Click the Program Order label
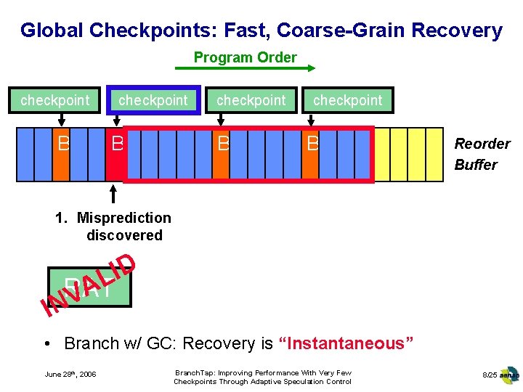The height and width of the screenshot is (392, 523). coord(245,57)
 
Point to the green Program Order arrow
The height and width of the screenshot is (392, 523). coord(245,69)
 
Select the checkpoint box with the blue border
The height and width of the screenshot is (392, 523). coord(153,100)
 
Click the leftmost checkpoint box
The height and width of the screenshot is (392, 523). coord(54,100)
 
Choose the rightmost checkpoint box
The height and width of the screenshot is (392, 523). coord(347,100)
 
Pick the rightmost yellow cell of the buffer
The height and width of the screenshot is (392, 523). coord(434,154)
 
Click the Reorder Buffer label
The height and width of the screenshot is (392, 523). coord(482,154)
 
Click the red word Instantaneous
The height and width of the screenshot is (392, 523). coord(346,343)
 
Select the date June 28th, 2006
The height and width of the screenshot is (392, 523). coord(70,375)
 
